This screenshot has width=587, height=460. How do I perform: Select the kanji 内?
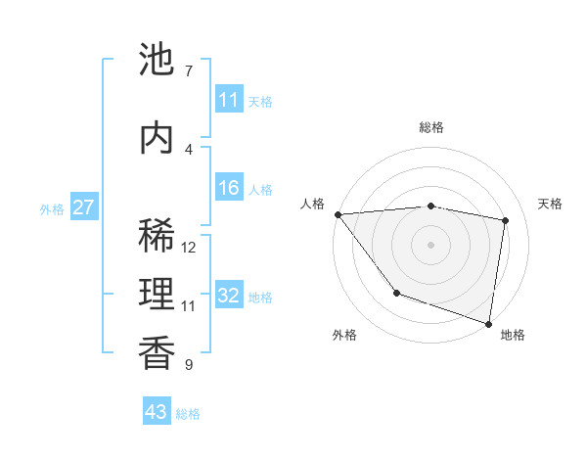click(x=157, y=138)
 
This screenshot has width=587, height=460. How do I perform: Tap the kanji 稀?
click(x=157, y=236)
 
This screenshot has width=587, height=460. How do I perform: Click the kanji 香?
click(x=157, y=352)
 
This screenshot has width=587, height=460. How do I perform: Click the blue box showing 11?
click(x=229, y=100)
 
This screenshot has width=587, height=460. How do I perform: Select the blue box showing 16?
click(x=229, y=188)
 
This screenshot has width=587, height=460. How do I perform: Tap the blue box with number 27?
click(x=84, y=207)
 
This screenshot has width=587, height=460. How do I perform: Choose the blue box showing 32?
click(x=229, y=296)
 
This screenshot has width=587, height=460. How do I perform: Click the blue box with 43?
click(x=157, y=412)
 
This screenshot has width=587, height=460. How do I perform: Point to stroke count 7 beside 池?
click(x=188, y=71)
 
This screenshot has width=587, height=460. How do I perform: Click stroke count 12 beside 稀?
click(x=190, y=248)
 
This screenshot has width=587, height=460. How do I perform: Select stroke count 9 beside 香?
click(x=188, y=365)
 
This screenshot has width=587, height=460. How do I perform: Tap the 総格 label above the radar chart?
click(x=431, y=127)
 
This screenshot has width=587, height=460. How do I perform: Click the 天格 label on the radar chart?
click(x=551, y=204)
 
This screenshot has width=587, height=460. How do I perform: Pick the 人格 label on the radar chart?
click(x=312, y=204)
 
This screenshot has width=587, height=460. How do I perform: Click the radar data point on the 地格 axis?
click(x=488, y=323)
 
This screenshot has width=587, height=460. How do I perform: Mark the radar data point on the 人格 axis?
click(x=338, y=214)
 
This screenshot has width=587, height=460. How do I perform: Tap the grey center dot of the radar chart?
click(x=431, y=245)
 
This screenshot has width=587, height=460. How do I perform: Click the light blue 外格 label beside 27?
click(x=51, y=208)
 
